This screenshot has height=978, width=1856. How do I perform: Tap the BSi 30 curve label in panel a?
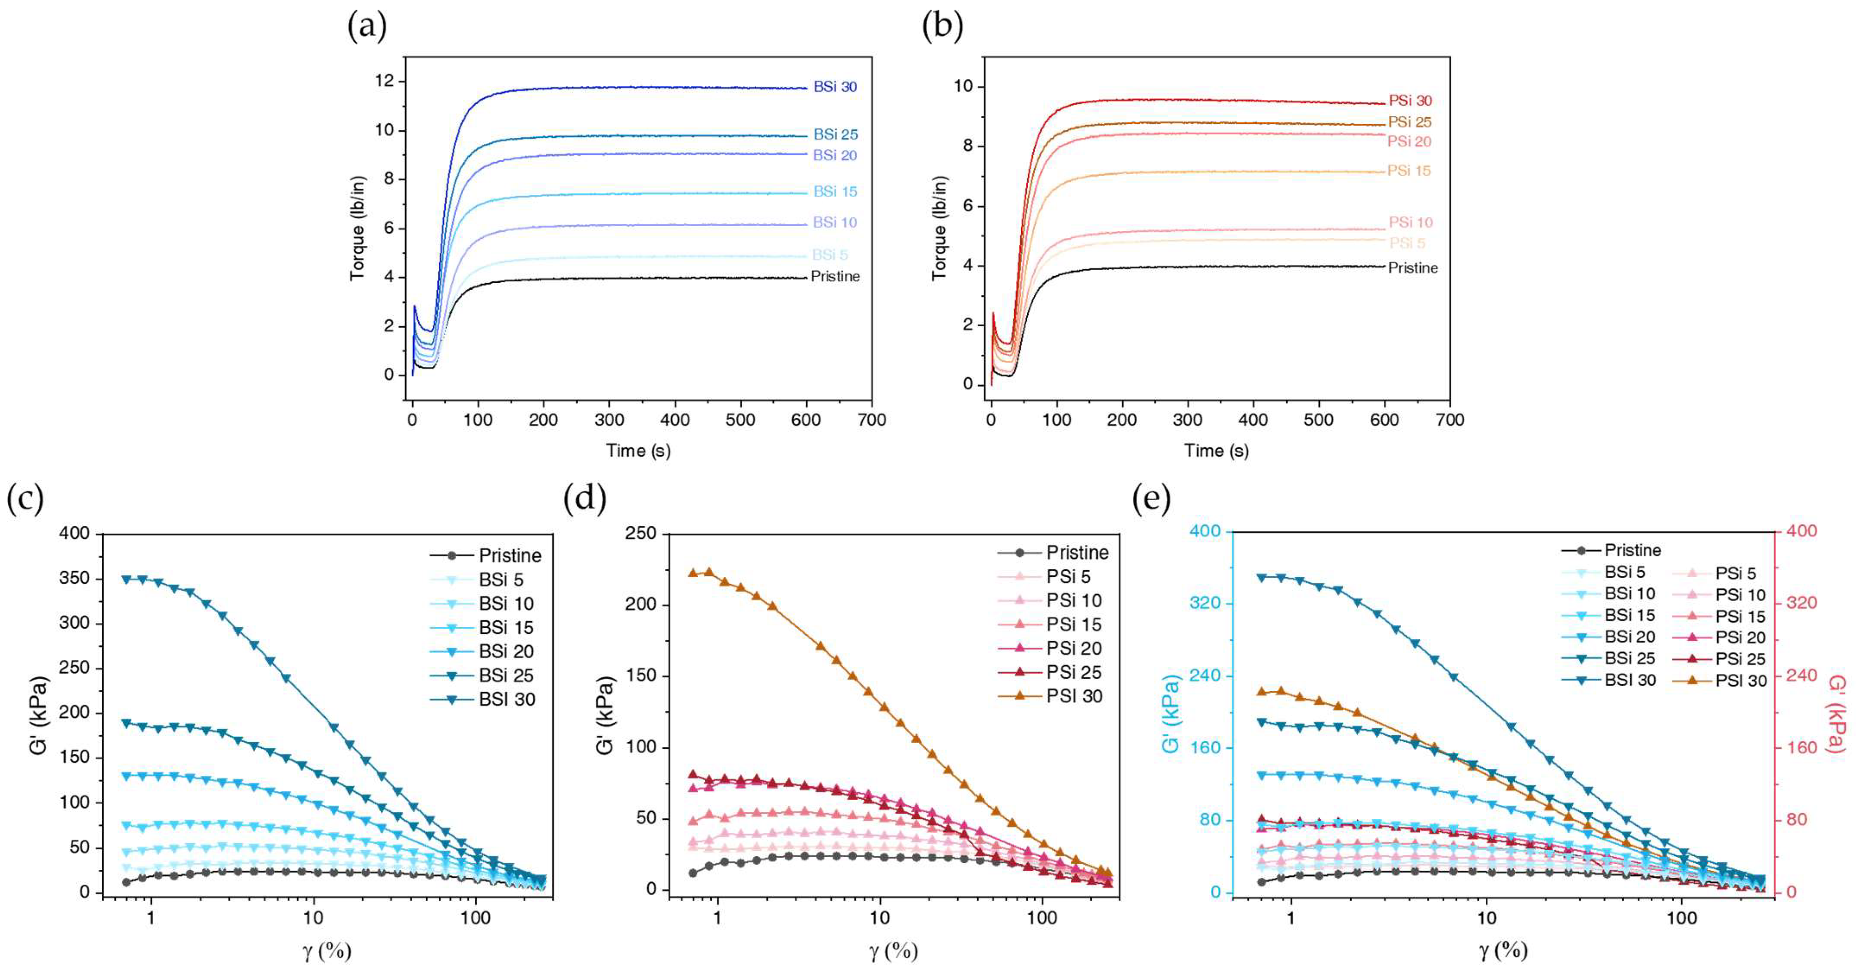[835, 86]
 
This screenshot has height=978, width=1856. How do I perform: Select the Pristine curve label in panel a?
[835, 277]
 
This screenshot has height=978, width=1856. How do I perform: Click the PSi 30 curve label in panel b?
[1410, 101]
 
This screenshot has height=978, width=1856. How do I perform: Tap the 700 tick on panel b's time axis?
[1449, 420]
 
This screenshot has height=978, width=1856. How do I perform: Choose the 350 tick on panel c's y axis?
[74, 579]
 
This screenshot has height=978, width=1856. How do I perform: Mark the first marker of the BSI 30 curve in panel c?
[126, 579]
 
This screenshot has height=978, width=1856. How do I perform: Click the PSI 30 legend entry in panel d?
[1074, 696]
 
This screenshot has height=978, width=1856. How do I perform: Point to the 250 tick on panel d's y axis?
[642, 533]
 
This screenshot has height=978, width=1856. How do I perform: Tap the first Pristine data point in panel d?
[693, 873]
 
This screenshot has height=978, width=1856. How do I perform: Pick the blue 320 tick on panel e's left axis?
[1206, 603]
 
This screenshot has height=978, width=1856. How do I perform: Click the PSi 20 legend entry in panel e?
[1739, 637]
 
